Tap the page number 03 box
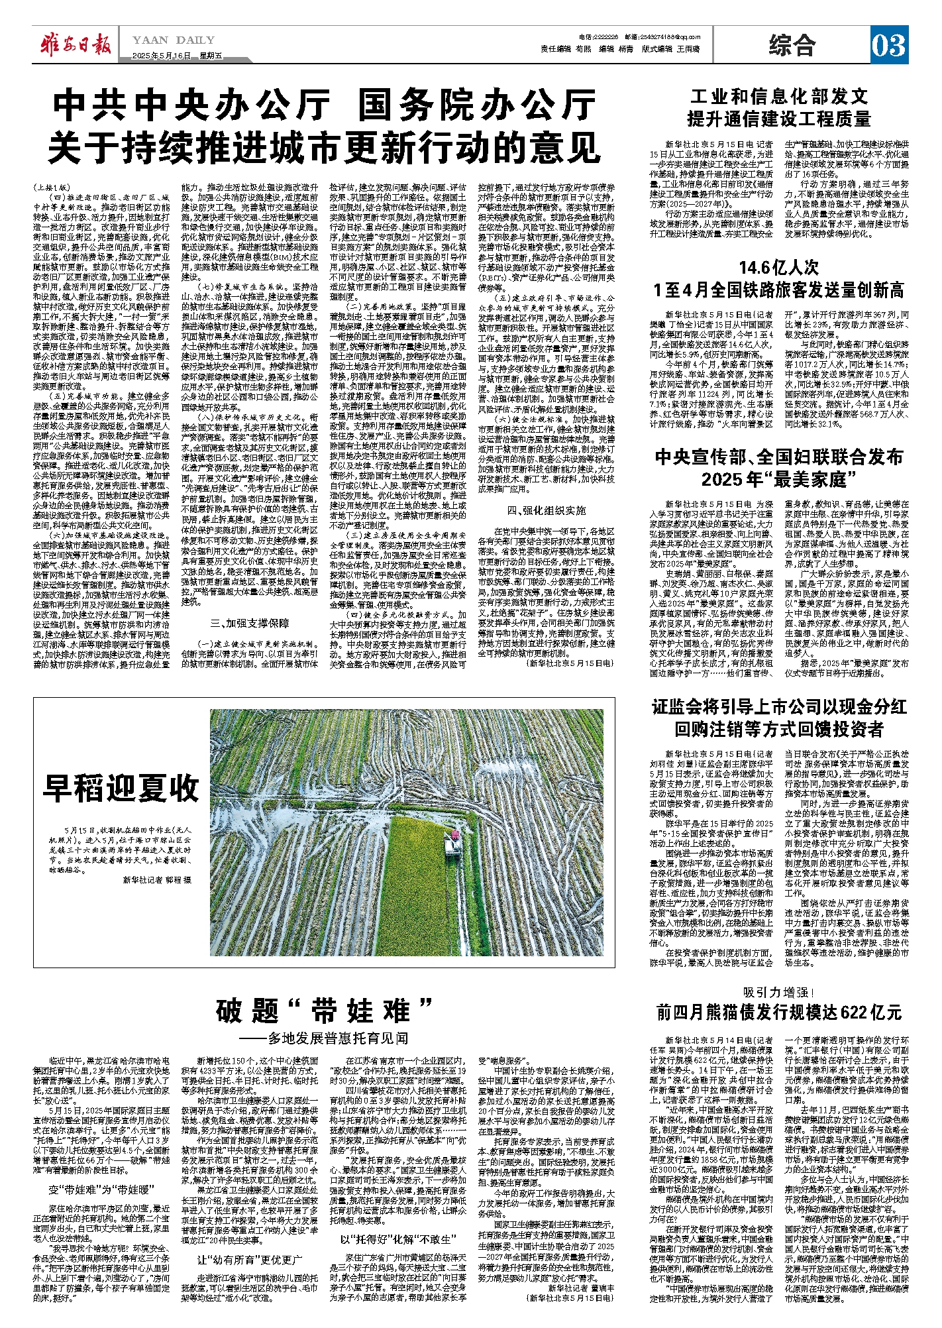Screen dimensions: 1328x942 point(888,45)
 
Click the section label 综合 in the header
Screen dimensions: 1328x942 point(792,45)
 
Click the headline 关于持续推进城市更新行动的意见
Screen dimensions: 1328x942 point(325,148)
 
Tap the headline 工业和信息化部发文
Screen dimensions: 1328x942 point(779,97)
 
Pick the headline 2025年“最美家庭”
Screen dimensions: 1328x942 point(779,479)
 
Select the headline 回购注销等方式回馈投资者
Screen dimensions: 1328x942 point(779,730)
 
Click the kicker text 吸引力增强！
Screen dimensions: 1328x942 point(779,992)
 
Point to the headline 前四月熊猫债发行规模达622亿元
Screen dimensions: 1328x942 point(779,1013)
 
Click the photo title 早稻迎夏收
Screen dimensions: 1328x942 point(121,788)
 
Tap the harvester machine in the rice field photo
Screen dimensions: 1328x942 point(454,841)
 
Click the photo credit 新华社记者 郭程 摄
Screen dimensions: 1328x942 point(157,880)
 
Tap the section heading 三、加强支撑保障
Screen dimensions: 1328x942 point(249,623)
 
